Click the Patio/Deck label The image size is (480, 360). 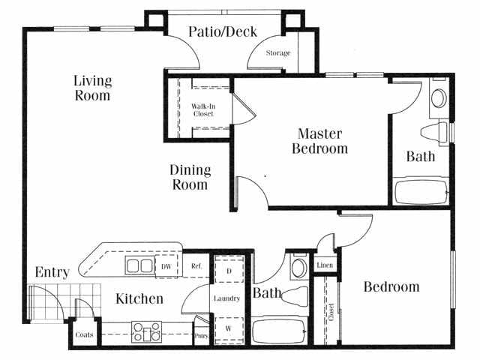pos(223,31)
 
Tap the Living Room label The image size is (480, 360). pos(92,88)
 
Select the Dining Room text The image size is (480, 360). pos(190,177)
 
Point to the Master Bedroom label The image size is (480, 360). pos(319,141)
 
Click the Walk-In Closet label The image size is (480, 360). pos(202,109)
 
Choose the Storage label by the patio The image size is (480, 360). pos(279,53)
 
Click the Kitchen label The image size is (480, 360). pos(139,298)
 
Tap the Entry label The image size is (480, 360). pos(52,271)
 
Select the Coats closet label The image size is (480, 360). pos(85,334)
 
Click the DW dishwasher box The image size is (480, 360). pos(166,266)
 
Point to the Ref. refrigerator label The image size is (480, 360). pos(197,266)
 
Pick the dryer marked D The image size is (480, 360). pos(228,270)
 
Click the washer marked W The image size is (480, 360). pos(228,328)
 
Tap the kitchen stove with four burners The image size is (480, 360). pos(147,331)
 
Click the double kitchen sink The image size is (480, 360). pos(139,265)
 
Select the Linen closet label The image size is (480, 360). pos(325,265)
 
